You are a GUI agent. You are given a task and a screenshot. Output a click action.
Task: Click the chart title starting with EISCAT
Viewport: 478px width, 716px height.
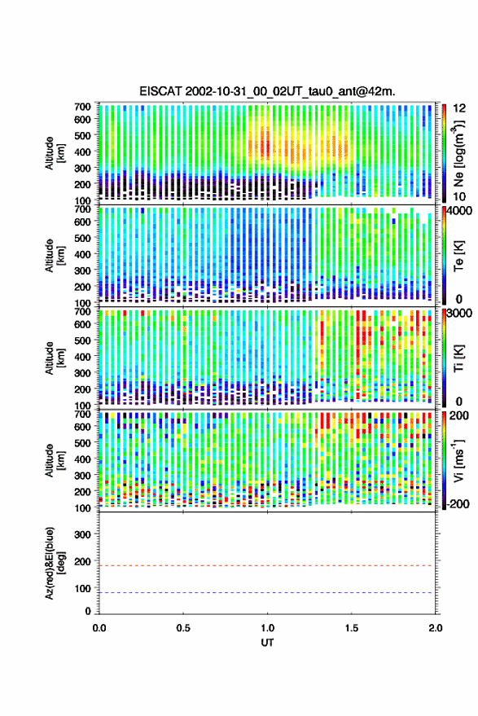(268, 91)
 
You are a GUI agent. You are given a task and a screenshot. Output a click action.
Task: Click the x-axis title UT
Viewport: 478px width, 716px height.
(267, 643)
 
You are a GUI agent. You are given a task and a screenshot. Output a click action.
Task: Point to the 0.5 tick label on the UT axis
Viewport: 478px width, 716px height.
(183, 628)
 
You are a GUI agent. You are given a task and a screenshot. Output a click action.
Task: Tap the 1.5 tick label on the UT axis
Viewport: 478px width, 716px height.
(352, 628)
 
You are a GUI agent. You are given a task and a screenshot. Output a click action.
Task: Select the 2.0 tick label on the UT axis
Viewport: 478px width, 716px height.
(436, 628)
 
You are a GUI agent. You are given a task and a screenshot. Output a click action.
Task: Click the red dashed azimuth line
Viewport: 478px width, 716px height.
(267, 566)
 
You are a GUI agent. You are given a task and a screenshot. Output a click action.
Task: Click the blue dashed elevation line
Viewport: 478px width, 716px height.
(267, 593)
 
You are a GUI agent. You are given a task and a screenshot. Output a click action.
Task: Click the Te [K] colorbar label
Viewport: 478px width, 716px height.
(458, 256)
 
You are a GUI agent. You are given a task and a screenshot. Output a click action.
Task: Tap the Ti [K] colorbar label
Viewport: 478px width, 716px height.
(458, 358)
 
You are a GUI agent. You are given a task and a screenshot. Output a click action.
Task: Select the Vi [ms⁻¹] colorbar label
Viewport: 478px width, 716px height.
(459, 461)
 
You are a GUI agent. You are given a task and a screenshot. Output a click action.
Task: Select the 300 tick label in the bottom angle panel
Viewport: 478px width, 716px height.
(82, 534)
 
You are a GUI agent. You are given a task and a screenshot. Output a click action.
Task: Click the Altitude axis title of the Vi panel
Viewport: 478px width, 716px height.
(54, 460)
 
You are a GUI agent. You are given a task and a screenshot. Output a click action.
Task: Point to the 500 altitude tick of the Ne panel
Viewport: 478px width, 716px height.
(82, 135)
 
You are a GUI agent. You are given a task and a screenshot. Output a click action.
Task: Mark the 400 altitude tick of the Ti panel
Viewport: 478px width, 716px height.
(82, 357)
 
